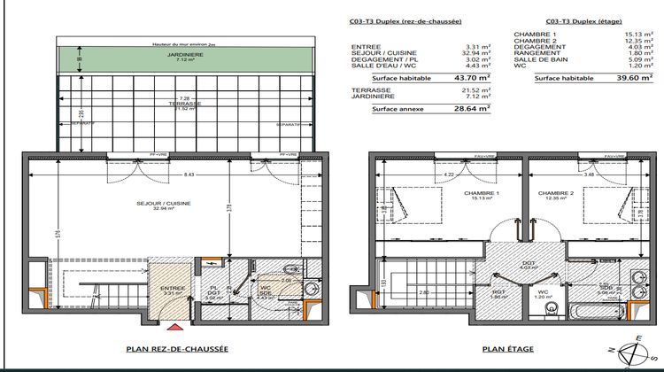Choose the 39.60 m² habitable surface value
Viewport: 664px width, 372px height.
pyautogui.click(x=629, y=77)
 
